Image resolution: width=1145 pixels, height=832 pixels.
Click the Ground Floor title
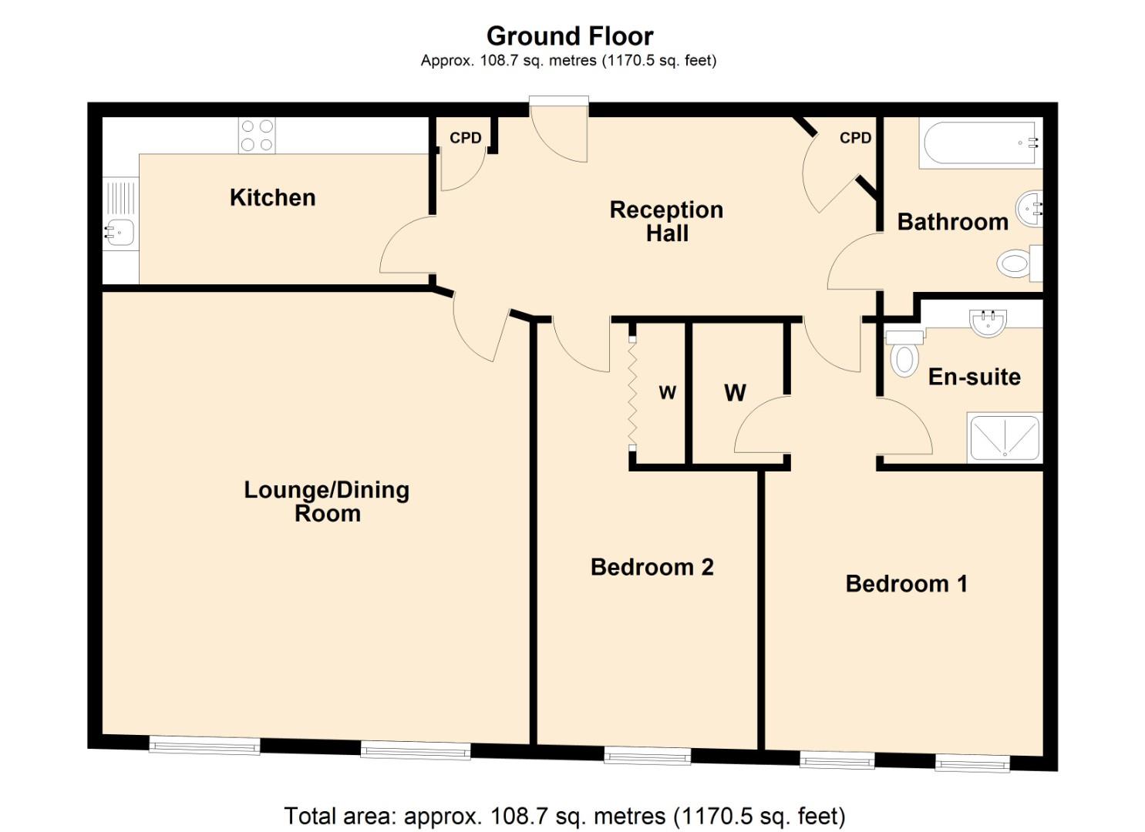(570, 36)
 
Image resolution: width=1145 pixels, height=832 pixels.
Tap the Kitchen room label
(272, 198)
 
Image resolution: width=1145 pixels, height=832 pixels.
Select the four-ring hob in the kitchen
(257, 136)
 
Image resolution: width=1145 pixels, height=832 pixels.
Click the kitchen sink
(120, 230)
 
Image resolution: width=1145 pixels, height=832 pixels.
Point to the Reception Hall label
(666, 221)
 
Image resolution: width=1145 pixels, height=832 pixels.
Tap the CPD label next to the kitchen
(465, 138)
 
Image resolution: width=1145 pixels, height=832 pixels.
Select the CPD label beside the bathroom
(855, 138)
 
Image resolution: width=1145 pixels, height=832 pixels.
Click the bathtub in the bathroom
(979, 143)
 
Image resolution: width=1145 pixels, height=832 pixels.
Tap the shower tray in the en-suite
(1005, 438)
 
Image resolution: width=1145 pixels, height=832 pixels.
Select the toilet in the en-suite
(904, 354)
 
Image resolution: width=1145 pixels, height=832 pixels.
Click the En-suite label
(974, 377)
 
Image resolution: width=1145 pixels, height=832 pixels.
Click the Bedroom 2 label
(652, 568)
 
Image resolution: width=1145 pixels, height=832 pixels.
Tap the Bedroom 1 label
(906, 584)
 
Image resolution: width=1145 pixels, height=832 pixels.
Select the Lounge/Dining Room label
(326, 502)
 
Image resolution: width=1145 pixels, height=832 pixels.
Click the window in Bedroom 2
(647, 755)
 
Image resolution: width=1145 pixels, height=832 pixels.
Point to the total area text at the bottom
(564, 816)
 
